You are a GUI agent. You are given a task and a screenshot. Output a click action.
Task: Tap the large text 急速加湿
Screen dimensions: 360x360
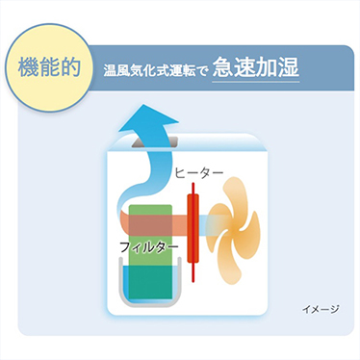point(255,68)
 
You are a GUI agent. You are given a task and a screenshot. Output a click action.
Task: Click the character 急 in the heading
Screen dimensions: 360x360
point(222,68)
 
